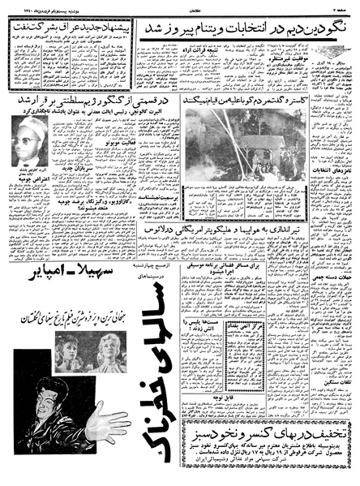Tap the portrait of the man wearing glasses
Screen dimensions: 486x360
click(29, 133)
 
